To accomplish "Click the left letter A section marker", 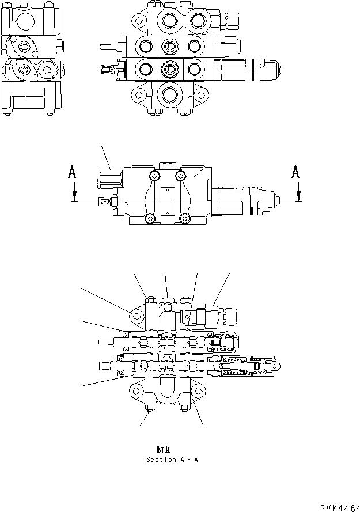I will pos(71,172).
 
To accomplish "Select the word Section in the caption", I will pos(161,460).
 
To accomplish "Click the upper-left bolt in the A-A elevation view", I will pos(154,176).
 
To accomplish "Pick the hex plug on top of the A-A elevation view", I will pos(168,165).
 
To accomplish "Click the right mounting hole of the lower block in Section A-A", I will pos(199,392).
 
